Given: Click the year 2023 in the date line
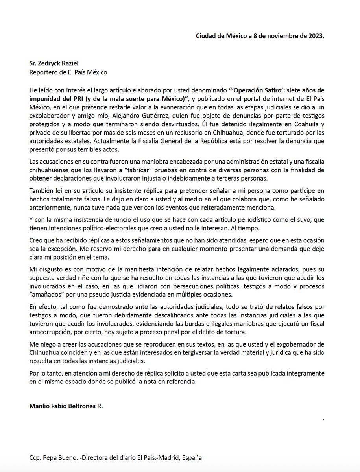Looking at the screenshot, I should pyautogui.click(x=315, y=36).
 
